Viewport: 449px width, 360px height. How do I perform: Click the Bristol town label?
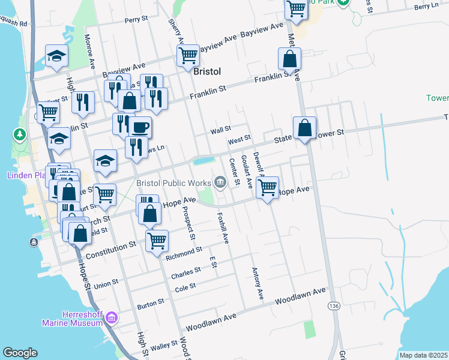[x=208, y=71]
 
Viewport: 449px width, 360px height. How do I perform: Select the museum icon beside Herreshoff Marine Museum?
[x=112, y=318]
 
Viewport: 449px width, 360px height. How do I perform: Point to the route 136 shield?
[x=332, y=306]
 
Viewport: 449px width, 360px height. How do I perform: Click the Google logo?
[x=20, y=353]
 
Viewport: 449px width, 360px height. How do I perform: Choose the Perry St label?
[x=136, y=20]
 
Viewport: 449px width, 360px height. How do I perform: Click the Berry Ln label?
[x=426, y=6]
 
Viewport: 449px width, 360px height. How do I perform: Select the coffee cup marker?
[x=140, y=127]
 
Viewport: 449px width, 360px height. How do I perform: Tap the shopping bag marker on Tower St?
[x=304, y=127]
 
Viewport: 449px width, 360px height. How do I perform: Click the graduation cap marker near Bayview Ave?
[x=56, y=56]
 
